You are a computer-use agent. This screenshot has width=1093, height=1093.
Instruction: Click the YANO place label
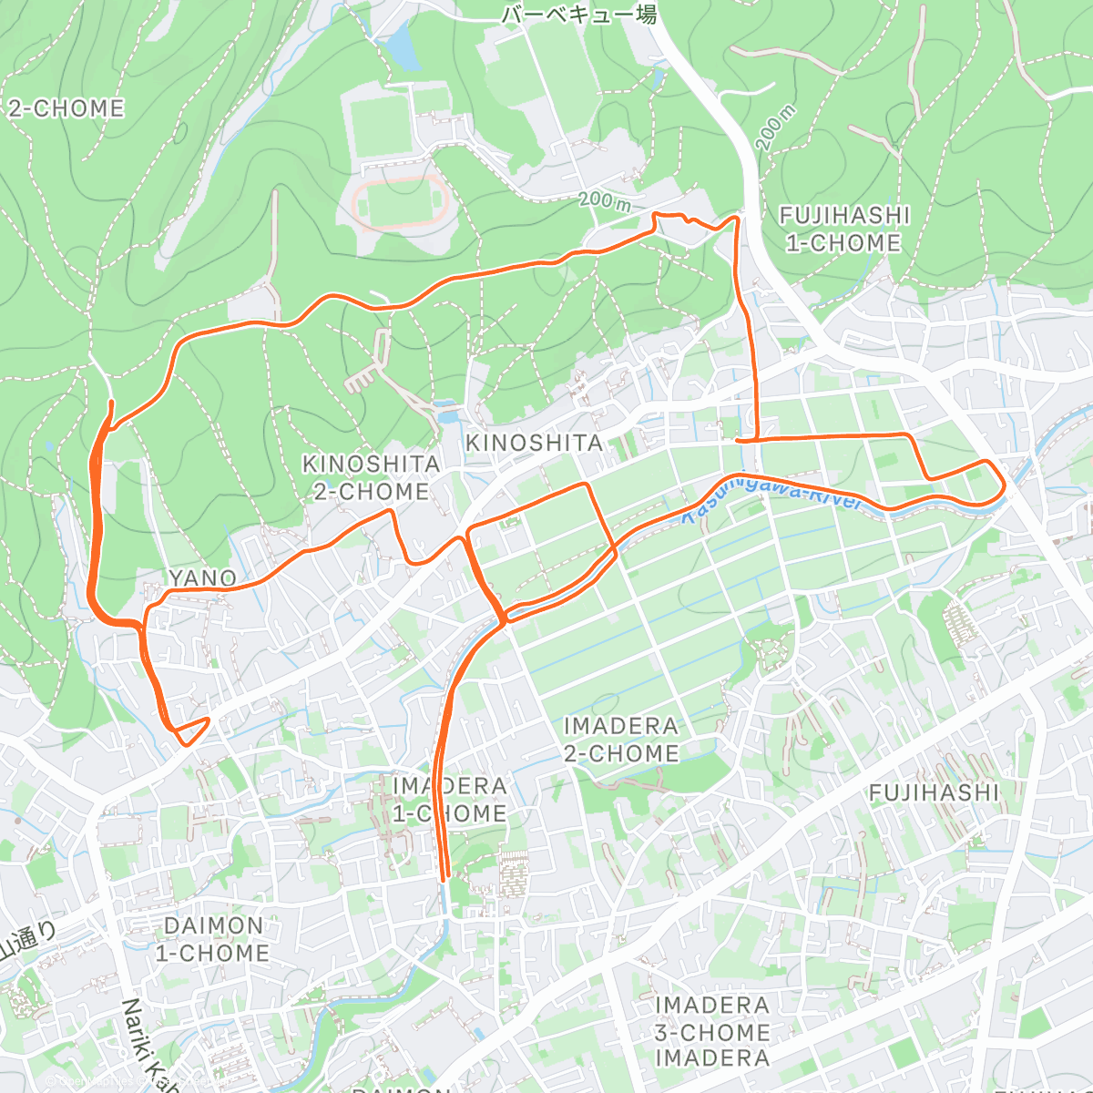(202, 578)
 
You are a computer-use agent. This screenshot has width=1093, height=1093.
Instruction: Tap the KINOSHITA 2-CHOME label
(371, 477)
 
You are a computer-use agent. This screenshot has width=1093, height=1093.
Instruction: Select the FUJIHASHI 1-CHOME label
(844, 229)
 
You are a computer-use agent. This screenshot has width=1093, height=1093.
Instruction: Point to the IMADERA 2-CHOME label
(621, 740)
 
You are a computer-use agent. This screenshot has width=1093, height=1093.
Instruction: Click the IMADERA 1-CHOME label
(450, 800)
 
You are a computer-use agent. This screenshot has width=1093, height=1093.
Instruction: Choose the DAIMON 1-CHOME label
(213, 939)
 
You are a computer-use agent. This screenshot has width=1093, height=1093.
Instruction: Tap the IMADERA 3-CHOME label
(712, 1018)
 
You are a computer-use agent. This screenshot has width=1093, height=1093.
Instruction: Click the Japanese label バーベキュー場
(579, 15)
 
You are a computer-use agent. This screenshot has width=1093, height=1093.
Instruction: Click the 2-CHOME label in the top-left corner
(66, 108)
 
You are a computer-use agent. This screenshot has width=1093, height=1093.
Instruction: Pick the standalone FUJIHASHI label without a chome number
(935, 792)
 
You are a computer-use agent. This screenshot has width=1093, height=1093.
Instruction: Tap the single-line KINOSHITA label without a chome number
(534, 443)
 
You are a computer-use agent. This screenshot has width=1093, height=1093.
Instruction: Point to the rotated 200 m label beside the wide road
(776, 127)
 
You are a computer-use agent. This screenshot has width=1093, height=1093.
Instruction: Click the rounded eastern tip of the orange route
(1003, 482)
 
